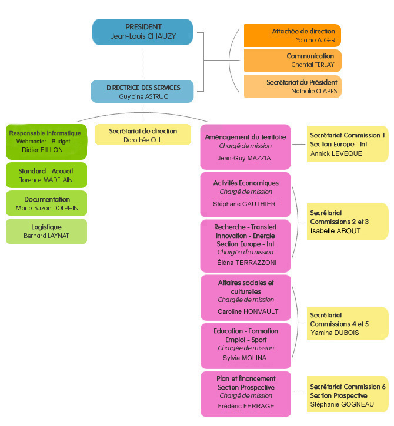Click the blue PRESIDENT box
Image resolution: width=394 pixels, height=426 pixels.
(x=143, y=32)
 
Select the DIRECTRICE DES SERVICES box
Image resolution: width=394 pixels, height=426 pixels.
(x=142, y=92)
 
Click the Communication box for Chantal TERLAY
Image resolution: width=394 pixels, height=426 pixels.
(x=292, y=61)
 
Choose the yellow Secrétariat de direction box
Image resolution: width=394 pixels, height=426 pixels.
(x=143, y=135)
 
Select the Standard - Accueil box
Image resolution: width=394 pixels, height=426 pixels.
(x=46, y=175)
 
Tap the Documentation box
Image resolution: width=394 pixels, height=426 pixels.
(x=46, y=203)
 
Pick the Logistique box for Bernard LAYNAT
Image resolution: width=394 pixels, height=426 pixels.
(x=46, y=231)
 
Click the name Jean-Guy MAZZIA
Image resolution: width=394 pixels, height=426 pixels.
(x=245, y=158)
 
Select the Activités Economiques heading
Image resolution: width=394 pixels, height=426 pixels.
(x=246, y=183)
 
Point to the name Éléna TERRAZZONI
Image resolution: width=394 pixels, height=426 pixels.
(x=246, y=263)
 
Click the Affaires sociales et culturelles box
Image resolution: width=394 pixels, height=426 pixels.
(x=246, y=297)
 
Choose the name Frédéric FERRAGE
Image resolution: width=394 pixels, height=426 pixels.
(x=246, y=406)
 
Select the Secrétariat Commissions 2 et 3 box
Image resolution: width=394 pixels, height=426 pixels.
(x=348, y=222)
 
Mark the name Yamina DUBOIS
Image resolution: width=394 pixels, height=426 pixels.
(x=334, y=333)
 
